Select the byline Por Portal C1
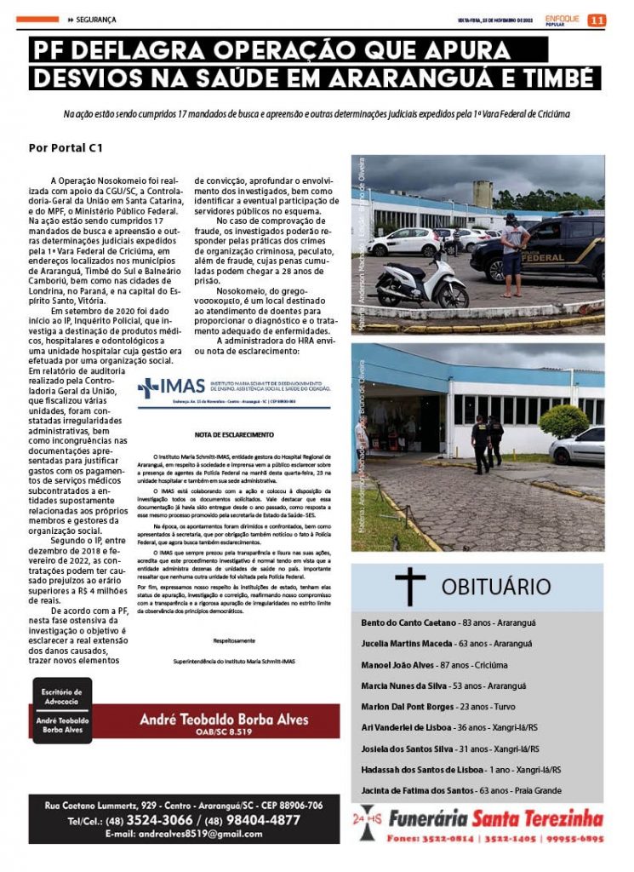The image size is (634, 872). click(66, 147)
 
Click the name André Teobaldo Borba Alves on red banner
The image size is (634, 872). click(224, 719)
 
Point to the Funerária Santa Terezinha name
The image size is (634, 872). click(494, 820)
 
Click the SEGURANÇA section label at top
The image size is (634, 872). click(94, 19)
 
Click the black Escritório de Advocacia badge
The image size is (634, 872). click(61, 710)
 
